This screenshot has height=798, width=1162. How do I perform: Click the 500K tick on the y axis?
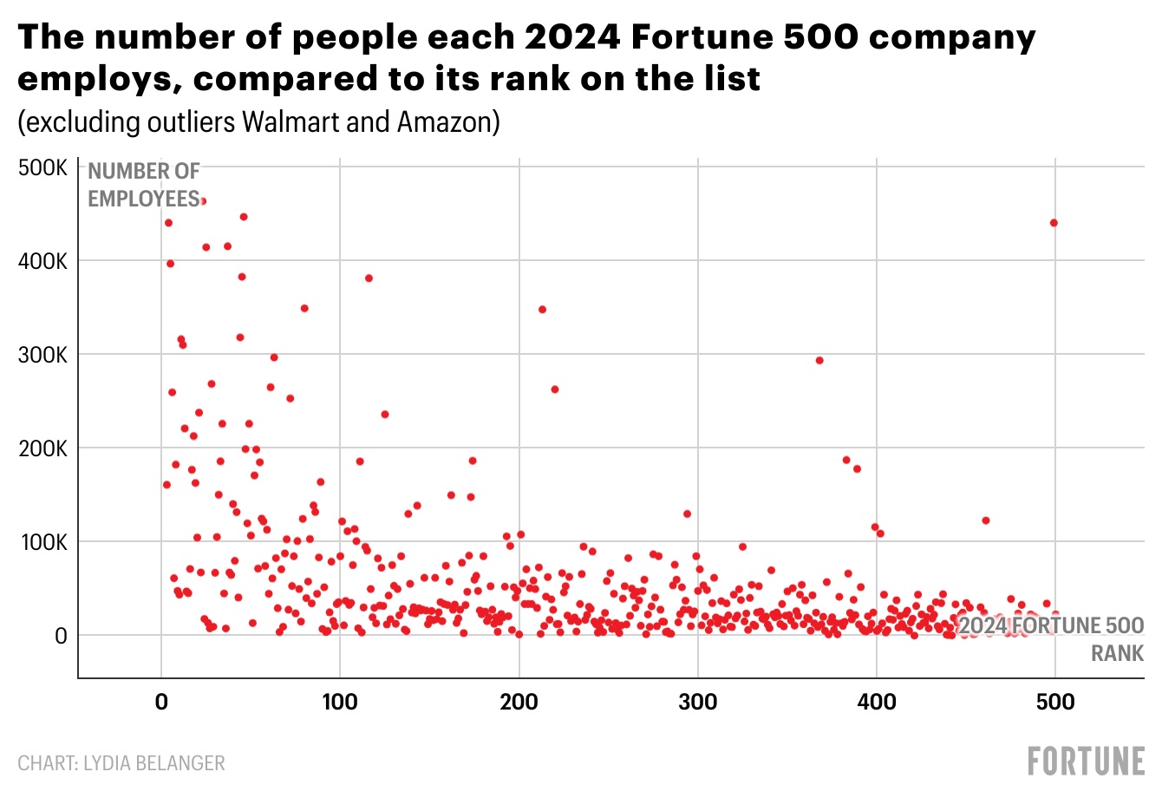click(x=42, y=167)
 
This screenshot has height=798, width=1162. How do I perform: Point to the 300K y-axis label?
click(x=42, y=355)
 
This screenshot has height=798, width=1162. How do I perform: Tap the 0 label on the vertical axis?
click(x=60, y=636)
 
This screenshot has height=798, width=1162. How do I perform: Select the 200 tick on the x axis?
click(x=519, y=701)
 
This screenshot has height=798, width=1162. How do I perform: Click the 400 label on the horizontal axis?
click(x=877, y=701)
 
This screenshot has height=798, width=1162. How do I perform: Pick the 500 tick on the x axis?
click(x=1055, y=701)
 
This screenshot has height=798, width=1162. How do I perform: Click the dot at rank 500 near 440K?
click(x=1054, y=223)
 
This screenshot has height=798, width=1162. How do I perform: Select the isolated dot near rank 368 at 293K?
click(x=819, y=360)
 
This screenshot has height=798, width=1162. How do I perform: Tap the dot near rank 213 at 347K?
click(x=542, y=309)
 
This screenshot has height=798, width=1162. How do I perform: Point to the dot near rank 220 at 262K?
click(x=555, y=389)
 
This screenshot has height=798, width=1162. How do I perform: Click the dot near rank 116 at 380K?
click(x=369, y=278)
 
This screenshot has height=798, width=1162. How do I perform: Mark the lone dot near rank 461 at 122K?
click(x=985, y=520)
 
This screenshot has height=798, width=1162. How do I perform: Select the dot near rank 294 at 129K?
click(x=687, y=513)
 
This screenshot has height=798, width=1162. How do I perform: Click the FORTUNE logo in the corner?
click(x=1086, y=761)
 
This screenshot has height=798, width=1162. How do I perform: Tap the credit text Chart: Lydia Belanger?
click(x=121, y=763)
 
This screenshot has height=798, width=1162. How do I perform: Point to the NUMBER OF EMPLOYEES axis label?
click(x=143, y=185)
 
